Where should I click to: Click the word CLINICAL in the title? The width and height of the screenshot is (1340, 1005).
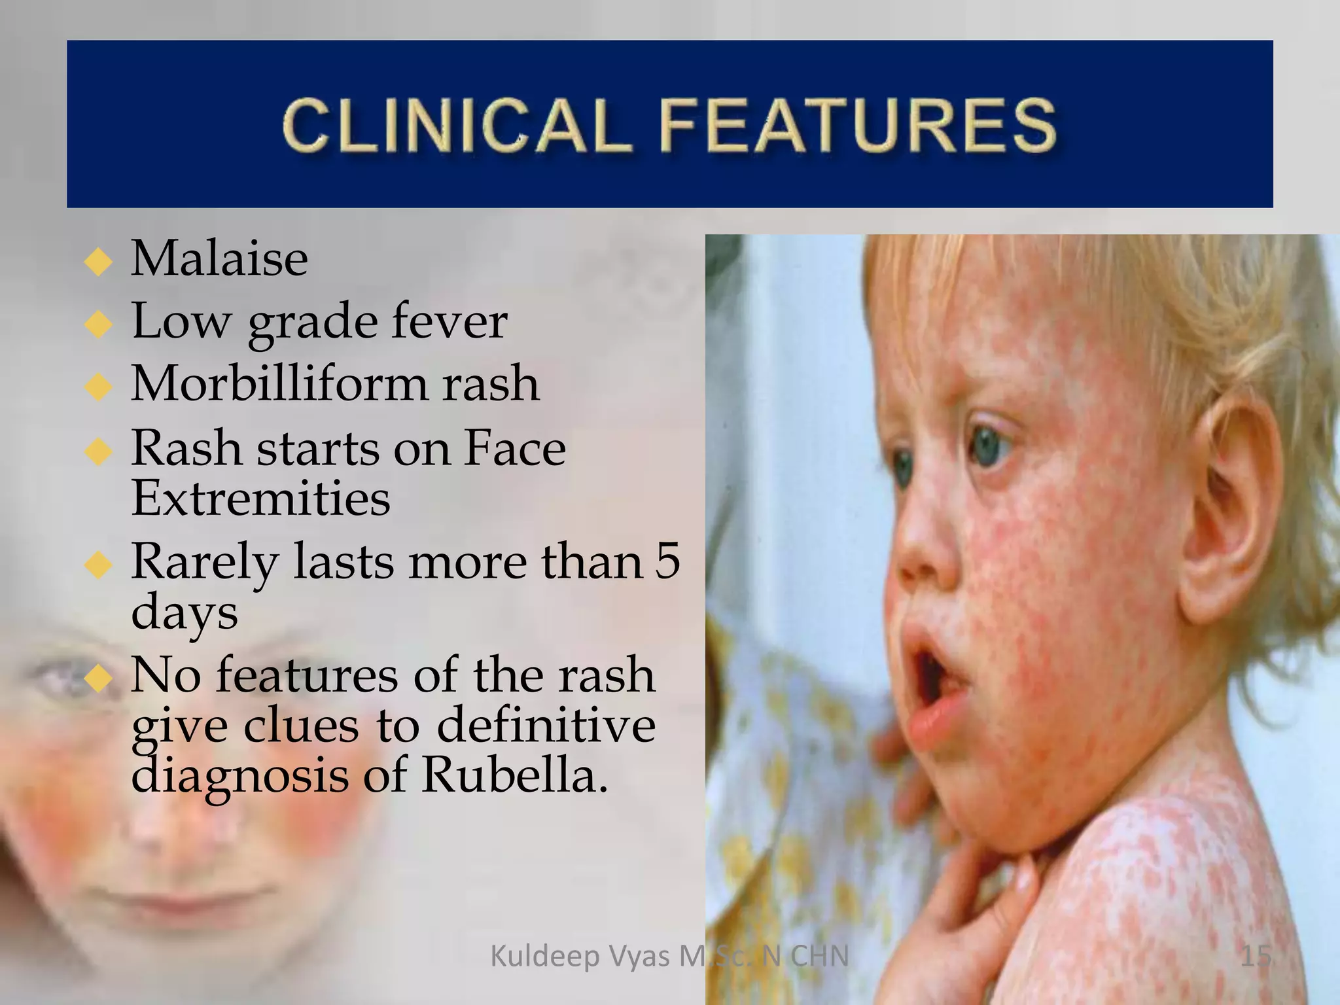point(457,125)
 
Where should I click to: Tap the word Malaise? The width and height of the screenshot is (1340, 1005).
point(219,258)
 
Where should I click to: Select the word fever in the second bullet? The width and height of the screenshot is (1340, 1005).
point(450,321)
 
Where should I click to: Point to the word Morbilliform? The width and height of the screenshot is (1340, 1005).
point(279,383)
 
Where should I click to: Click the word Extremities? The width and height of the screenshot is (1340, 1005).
point(260,499)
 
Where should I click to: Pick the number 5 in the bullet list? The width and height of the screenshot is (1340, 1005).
point(667,561)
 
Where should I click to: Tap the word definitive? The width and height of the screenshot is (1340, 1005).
point(546,726)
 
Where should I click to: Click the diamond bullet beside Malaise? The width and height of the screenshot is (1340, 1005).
point(99,263)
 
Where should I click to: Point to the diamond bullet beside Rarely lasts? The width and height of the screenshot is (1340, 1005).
point(99,565)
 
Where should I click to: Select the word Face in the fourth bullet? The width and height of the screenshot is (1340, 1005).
point(515,449)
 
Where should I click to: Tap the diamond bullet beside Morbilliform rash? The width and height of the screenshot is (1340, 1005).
point(99,387)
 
